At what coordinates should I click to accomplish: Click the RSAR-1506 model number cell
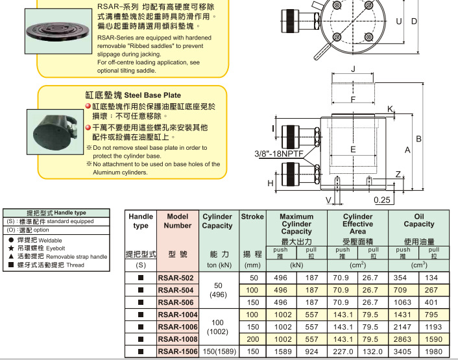click(177, 351)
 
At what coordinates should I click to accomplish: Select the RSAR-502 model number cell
click(177, 278)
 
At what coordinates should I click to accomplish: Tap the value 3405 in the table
click(403, 351)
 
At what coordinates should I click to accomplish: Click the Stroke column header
click(252, 217)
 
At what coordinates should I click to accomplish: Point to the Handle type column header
click(141, 221)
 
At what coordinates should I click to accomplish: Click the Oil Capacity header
click(418, 221)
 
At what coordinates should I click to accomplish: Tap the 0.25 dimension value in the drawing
click(382, 199)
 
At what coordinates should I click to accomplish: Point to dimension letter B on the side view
click(419, 138)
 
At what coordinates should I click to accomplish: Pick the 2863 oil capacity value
click(403, 339)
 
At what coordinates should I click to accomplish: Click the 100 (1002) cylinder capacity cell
click(217, 326)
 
